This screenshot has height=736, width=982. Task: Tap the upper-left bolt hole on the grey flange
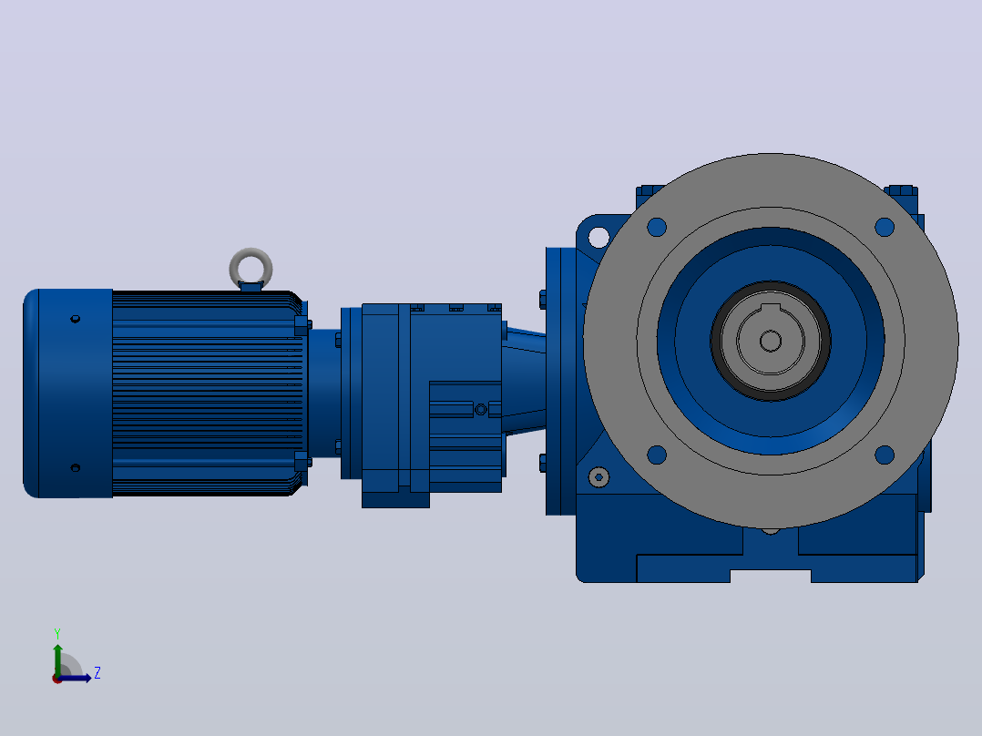click(x=656, y=227)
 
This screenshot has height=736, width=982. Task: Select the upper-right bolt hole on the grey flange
click(x=885, y=227)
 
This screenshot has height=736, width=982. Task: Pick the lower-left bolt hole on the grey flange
click(x=656, y=455)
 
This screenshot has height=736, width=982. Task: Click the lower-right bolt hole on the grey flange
click(x=885, y=455)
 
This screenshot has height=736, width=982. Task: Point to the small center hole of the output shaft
click(x=771, y=342)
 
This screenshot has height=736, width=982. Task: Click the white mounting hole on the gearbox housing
click(x=598, y=238)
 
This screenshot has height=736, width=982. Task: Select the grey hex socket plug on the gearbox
click(x=598, y=477)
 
